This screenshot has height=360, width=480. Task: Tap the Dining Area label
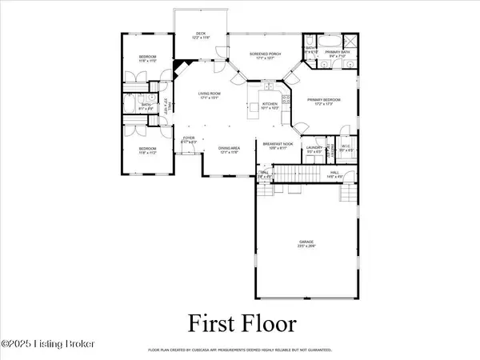coord(230,150)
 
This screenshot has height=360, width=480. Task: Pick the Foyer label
coord(189,140)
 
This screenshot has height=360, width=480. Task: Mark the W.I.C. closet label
coord(346,148)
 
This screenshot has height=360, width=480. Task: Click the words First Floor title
coord(242,325)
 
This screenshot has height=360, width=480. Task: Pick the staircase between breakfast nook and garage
coord(301,173)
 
